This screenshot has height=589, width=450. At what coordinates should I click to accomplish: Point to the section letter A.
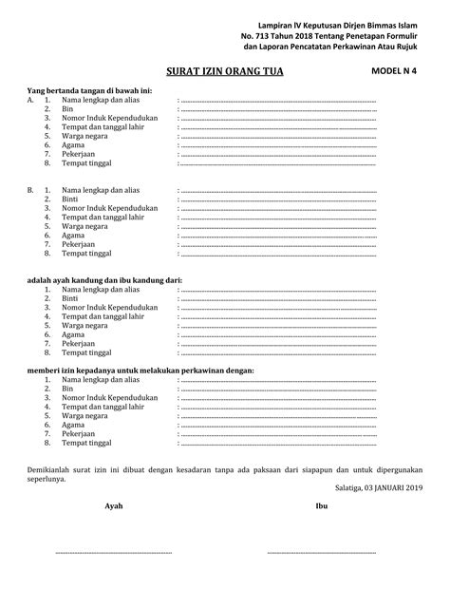pos(30,100)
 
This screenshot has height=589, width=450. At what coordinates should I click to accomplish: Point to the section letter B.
pos(30,191)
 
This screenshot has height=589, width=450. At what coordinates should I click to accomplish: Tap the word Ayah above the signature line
pos(113,506)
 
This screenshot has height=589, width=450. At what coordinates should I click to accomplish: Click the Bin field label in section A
pos(67,108)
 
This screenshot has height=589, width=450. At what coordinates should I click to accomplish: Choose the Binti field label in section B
pos(69,199)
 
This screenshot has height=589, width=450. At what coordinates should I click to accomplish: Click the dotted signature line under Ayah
pos(113,552)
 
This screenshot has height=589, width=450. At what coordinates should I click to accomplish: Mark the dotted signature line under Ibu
pos(322,552)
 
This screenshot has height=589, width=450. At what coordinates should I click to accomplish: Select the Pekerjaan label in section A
pos(79,153)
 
